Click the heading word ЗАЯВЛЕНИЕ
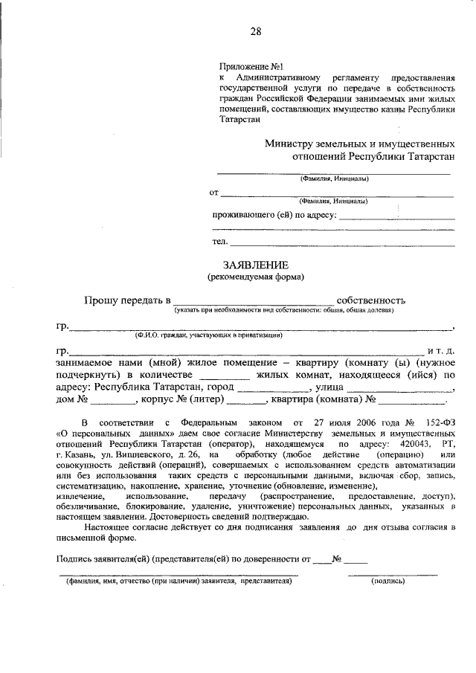255,265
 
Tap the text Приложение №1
249,66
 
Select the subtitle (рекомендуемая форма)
255,277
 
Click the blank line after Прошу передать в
253,303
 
